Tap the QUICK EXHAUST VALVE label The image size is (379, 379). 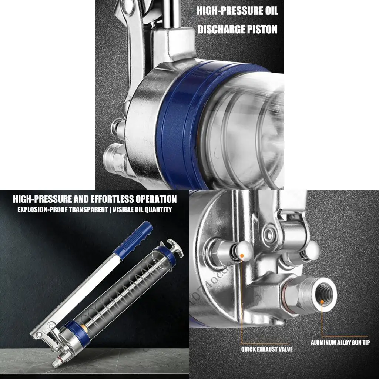[267, 349]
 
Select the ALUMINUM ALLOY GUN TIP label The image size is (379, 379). [340, 343]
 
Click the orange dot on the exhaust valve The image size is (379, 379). [242, 255]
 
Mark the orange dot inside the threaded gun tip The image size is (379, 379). [322, 302]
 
